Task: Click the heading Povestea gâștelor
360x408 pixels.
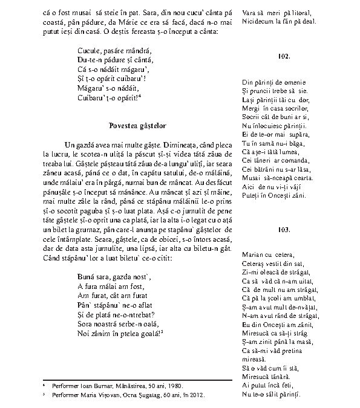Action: click(x=138, y=125)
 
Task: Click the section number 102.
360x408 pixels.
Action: click(x=283, y=56)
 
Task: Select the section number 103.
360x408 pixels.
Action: click(x=283, y=230)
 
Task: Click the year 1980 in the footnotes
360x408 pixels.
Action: click(x=177, y=386)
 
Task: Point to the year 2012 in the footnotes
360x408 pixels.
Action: click(x=197, y=395)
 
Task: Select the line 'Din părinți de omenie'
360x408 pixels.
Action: click(x=273, y=82)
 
